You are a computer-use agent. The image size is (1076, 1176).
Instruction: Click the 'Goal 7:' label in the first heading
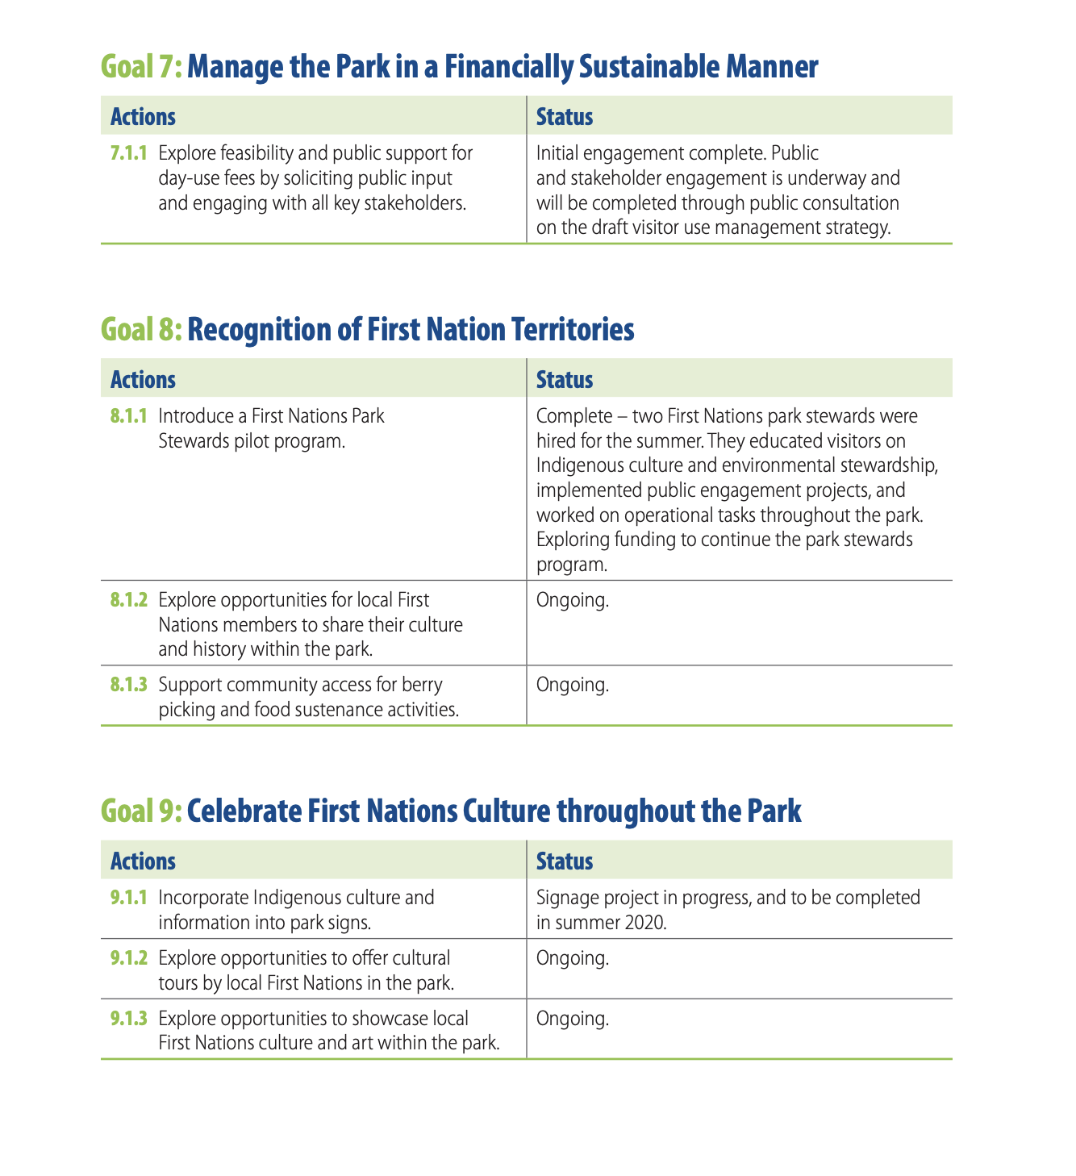141,67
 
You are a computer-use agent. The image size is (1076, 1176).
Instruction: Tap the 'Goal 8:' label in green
141,330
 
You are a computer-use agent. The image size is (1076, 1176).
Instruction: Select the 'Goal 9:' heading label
141,811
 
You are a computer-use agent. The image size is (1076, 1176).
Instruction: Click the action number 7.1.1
128,153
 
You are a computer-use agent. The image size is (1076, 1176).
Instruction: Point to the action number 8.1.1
128,417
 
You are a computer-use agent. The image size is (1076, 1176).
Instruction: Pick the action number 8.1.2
128,600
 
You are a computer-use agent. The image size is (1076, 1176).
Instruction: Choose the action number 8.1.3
128,686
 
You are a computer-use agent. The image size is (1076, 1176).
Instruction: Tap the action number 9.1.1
128,898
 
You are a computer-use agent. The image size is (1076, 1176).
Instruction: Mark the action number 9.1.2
128,958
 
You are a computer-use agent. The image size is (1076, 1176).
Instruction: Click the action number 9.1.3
128,1019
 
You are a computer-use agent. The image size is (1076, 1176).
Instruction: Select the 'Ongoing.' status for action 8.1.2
572,600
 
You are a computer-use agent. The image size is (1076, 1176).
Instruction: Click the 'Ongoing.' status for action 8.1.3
572,686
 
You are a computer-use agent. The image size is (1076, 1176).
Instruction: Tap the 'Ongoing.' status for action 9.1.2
572,958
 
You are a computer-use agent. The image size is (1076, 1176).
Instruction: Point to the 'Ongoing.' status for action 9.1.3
572,1019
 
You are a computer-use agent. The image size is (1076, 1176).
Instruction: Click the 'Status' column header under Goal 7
565,117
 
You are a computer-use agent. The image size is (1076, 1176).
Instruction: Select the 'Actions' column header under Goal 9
143,861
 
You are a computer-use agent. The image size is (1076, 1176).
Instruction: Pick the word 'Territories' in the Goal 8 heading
574,330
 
